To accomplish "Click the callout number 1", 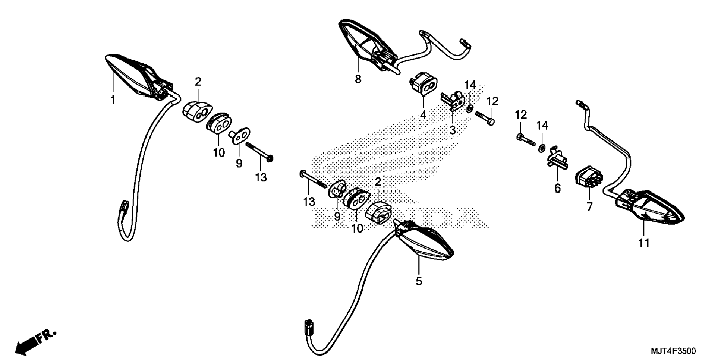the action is pyautogui.click(x=112, y=100).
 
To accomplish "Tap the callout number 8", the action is pyautogui.click(x=358, y=79).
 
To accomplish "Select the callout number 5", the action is pyautogui.click(x=419, y=281).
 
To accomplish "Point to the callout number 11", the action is pyautogui.click(x=644, y=243).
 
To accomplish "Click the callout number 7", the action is pyautogui.click(x=589, y=207).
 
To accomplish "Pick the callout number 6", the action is pyautogui.click(x=557, y=189).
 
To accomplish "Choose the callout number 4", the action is pyautogui.click(x=423, y=115).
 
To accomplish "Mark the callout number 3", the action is pyautogui.click(x=453, y=130).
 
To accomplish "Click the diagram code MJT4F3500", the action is pyautogui.click(x=673, y=351).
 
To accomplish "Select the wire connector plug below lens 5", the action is pyautogui.click(x=309, y=326).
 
